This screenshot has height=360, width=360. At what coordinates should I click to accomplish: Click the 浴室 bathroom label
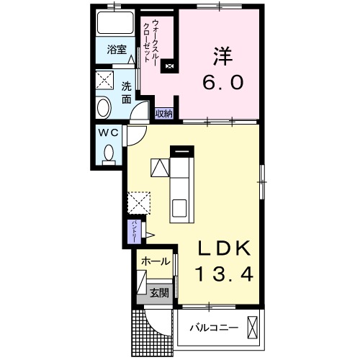click(117, 50)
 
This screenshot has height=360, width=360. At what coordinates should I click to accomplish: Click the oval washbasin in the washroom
click(104, 109)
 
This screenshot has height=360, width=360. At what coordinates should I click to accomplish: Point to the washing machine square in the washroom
click(106, 80)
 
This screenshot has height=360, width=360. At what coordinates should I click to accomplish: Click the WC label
click(109, 134)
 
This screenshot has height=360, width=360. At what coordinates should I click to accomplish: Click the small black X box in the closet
click(170, 67)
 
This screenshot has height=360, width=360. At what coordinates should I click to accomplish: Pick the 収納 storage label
click(164, 113)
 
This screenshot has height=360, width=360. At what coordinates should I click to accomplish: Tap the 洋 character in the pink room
click(221, 55)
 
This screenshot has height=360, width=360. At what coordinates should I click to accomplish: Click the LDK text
click(224, 249)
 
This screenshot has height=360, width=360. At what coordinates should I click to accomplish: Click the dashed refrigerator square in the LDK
click(138, 202)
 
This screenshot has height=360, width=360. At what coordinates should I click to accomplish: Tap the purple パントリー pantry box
click(134, 231)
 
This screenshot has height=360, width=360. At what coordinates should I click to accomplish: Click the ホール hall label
click(156, 261)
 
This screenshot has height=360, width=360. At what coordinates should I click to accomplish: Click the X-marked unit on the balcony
click(252, 327)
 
